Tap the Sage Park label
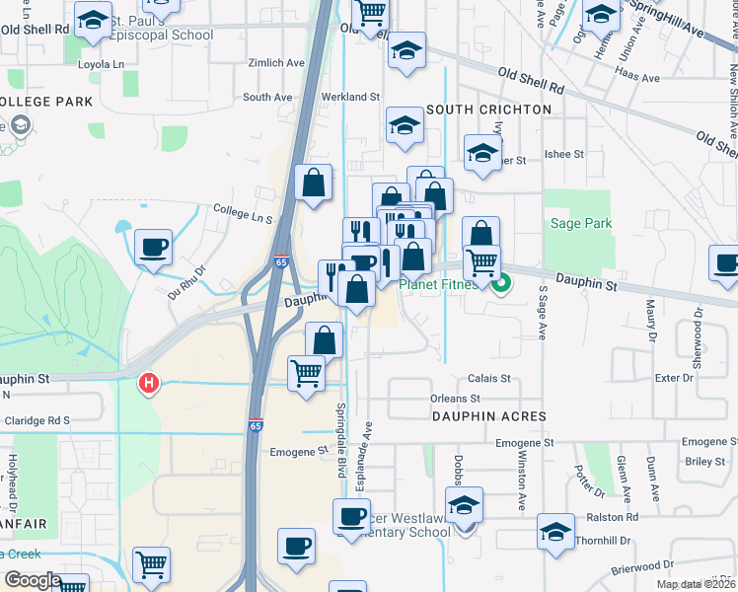pos(581,224)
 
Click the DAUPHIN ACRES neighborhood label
pos(488,416)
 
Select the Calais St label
pos(488,378)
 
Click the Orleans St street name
pos(455,399)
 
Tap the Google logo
pos(32,579)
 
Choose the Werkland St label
pos(353,97)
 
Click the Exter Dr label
pos(674,378)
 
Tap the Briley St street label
pos(704,461)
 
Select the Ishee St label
pos(563,155)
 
